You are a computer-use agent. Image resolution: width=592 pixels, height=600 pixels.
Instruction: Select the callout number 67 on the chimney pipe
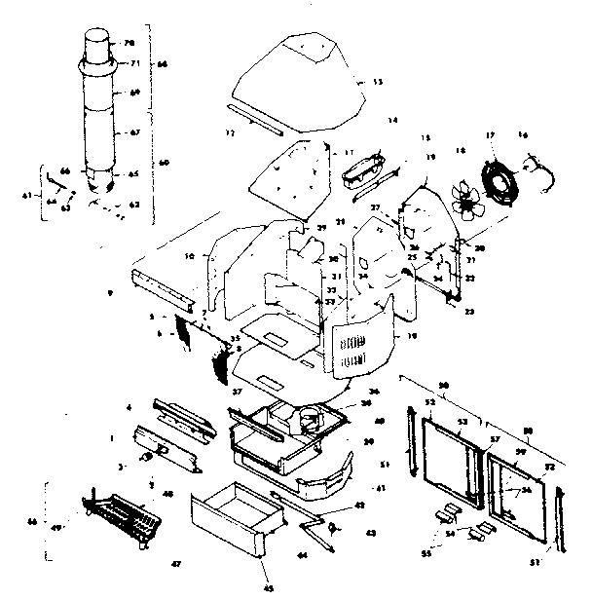tap(135, 131)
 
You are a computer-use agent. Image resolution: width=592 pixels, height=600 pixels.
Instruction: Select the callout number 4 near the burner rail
tap(128, 406)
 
